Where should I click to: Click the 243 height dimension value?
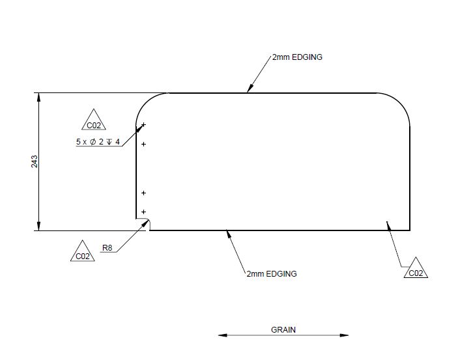coord(35,161)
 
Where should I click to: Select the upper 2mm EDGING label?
coord(297,57)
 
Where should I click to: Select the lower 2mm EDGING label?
coord(272,274)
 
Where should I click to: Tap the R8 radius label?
coord(107,247)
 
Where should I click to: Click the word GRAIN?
coord(283,329)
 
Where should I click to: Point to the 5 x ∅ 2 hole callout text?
coord(98,142)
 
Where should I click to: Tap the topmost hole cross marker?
coord(143,124)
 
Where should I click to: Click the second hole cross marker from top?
coord(143,144)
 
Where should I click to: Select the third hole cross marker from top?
coord(143,193)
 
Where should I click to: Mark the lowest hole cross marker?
coord(143,212)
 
